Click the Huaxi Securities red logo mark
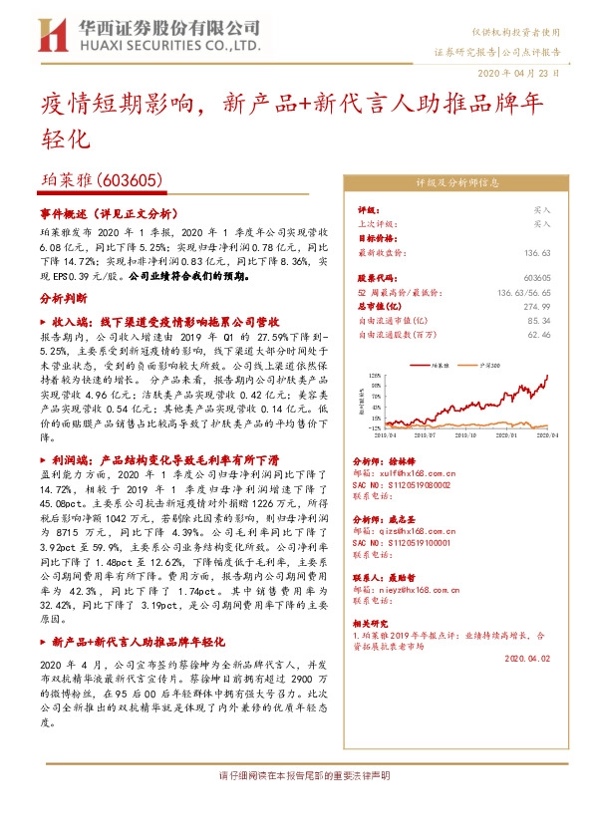point(52,36)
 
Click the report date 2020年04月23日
point(525,74)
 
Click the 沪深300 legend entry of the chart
point(490,366)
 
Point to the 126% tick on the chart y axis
point(375,376)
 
